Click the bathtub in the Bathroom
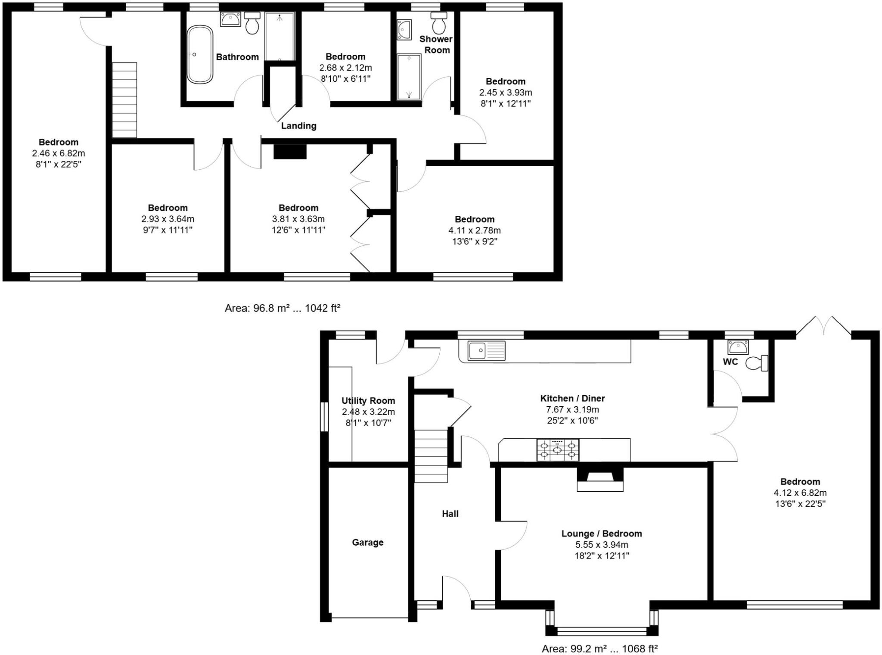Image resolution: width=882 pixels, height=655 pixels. coord(200,55)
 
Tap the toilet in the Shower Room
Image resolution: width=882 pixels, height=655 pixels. coord(439,24)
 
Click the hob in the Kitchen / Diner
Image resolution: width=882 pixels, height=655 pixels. coord(558,450)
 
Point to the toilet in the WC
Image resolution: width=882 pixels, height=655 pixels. coord(757,363)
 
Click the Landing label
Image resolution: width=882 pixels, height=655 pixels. coord(298,126)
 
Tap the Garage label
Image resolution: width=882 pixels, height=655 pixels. coord(367,543)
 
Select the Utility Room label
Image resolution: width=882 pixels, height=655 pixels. coord(368,401)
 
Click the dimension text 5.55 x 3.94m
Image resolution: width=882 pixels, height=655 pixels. coord(601,545)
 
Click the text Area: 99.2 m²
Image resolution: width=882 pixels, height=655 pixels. coord(574,648)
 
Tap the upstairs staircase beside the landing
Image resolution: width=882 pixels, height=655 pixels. coord(124,100)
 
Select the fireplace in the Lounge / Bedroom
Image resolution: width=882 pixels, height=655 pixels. coord(600,479)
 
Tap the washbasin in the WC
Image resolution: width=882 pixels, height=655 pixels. coord(738,346)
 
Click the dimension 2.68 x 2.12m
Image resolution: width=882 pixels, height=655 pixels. coord(345,68)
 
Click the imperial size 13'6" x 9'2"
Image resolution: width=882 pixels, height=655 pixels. coord(475,241)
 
